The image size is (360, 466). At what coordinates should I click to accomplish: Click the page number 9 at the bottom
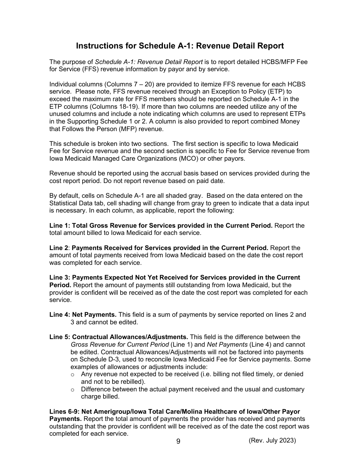click(178, 441)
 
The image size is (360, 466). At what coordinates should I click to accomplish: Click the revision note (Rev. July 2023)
click(272, 440)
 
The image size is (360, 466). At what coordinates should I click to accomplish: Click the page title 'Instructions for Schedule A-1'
click(180, 46)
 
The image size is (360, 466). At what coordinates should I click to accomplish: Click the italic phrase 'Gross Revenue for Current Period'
click(120, 345)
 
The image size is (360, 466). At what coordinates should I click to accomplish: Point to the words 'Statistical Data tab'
click(75, 203)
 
